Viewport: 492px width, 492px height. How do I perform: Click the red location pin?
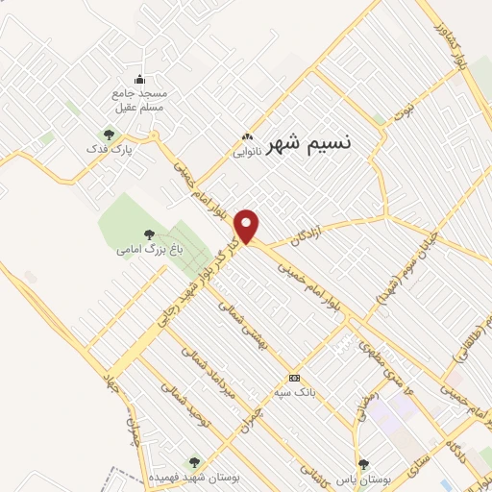[x=249, y=226]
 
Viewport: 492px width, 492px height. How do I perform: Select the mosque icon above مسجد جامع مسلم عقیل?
[x=141, y=79]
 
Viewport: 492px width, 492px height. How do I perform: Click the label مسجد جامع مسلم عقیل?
[x=140, y=103]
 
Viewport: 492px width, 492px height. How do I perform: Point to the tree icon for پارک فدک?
[x=108, y=135]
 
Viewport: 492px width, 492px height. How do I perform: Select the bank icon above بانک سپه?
[x=295, y=377]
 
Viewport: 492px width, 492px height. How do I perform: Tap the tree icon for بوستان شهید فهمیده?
[x=195, y=462]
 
